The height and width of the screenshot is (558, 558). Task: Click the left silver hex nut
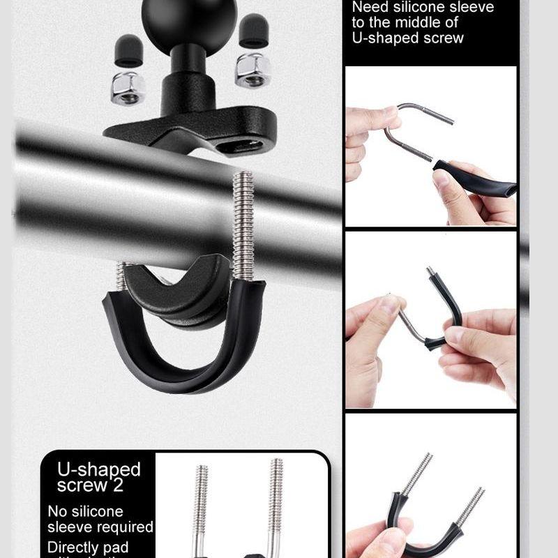pos(128,87)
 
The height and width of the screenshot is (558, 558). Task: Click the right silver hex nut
pos(252,70)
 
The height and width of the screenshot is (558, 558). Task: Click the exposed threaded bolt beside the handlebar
pos(242,223)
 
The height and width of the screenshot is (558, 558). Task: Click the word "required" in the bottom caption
pos(126,527)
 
